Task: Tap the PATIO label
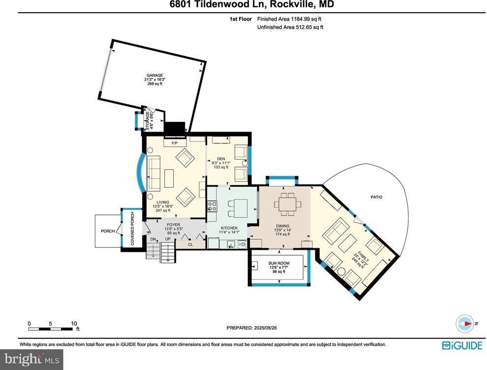click(377, 197)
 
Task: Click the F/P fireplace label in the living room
click(174, 143)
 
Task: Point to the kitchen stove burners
click(212, 206)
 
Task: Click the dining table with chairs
click(286, 202)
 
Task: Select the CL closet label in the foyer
click(190, 243)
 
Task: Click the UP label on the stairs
click(167, 239)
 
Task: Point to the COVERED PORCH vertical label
click(132, 229)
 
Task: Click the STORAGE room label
click(149, 121)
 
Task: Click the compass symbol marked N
click(465, 323)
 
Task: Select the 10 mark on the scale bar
click(74, 324)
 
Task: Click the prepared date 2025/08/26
click(255, 328)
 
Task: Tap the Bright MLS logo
click(32, 359)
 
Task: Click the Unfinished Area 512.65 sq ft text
click(290, 27)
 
